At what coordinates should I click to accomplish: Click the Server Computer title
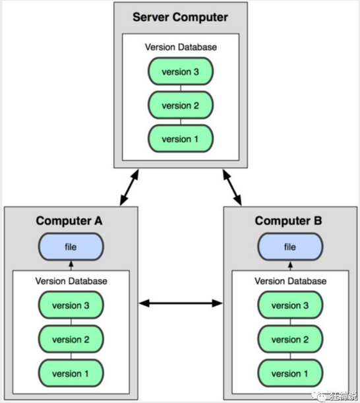pyautogui.click(x=180, y=17)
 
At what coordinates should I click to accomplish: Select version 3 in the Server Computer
pyautogui.click(x=181, y=71)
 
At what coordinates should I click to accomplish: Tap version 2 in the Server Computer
pyautogui.click(x=181, y=105)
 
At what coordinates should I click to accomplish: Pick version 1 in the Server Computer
pyautogui.click(x=181, y=139)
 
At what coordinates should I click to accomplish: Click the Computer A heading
pyautogui.click(x=69, y=221)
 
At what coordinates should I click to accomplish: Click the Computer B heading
pyautogui.click(x=288, y=221)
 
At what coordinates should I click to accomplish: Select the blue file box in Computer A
pyautogui.click(x=71, y=247)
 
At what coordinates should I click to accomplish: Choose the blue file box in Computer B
pyautogui.click(x=290, y=247)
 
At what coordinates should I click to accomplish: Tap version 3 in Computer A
pyautogui.click(x=71, y=305)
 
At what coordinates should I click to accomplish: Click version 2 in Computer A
pyautogui.click(x=71, y=339)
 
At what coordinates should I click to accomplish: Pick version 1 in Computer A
pyautogui.click(x=71, y=373)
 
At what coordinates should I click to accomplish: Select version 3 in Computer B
pyautogui.click(x=290, y=305)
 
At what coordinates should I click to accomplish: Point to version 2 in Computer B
pyautogui.click(x=290, y=339)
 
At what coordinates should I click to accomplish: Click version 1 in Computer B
pyautogui.click(x=290, y=373)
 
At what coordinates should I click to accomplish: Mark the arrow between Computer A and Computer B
pyautogui.click(x=181, y=303)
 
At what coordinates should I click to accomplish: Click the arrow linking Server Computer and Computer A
pyautogui.click(x=129, y=187)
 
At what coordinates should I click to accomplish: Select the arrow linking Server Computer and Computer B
pyautogui.click(x=232, y=187)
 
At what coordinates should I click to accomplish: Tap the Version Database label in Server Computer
pyautogui.click(x=181, y=47)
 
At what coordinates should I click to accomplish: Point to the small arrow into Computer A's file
pyautogui.click(x=71, y=266)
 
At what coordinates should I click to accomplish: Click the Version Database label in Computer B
pyautogui.click(x=290, y=281)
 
